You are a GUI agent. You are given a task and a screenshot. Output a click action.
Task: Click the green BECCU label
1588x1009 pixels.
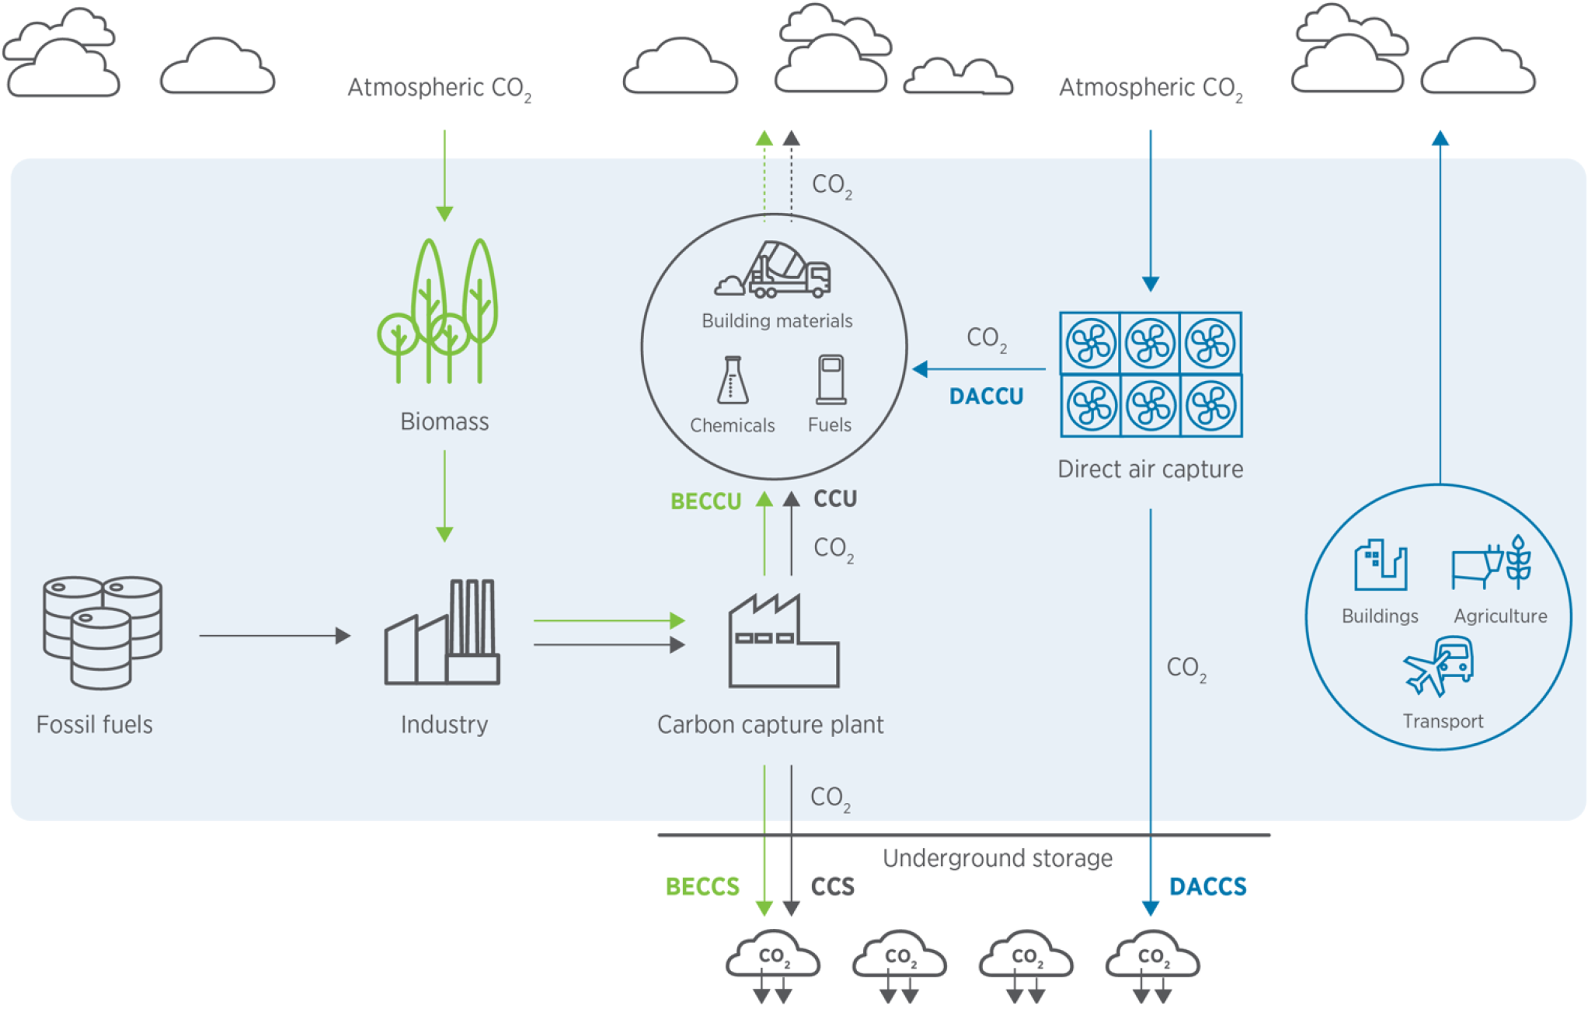pos(705,501)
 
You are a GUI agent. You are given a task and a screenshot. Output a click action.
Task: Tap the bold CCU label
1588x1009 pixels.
pos(835,498)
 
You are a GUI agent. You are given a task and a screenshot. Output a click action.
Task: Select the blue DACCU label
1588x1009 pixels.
pos(986,396)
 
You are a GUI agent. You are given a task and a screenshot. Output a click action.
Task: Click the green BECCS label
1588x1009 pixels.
pos(702,886)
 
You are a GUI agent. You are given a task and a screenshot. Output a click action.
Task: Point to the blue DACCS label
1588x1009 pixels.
pos(1207,886)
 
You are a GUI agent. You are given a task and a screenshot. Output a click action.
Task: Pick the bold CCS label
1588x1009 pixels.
pos(832,886)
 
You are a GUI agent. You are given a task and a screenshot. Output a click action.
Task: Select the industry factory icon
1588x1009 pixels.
pos(443,634)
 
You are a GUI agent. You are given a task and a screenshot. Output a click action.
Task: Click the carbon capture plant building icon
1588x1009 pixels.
pos(782,642)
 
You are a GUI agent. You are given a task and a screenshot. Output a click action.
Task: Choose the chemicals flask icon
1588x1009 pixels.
pos(732,381)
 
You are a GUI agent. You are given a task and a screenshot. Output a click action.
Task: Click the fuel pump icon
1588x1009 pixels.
pos(831,380)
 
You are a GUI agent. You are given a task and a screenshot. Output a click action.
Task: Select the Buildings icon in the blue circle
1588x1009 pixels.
pos(1380,565)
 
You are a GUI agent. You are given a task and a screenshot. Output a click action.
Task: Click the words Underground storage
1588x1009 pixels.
pos(997,858)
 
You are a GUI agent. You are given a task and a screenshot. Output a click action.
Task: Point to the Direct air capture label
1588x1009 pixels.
pos(1150,470)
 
